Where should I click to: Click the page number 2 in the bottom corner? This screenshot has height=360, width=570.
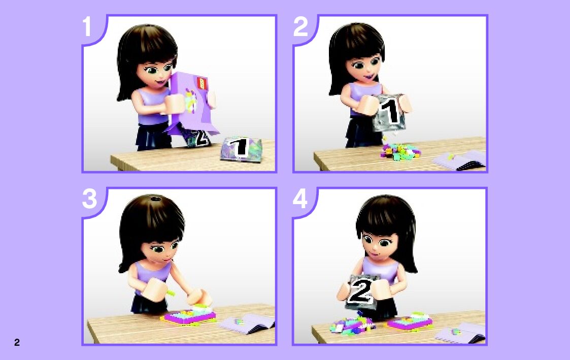[17, 342]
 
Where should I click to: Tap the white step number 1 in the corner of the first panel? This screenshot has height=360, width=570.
[86, 26]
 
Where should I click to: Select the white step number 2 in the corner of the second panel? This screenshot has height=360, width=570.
[300, 26]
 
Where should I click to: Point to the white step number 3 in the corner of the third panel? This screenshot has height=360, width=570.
[90, 199]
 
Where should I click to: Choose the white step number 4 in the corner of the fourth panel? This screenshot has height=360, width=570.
[300, 199]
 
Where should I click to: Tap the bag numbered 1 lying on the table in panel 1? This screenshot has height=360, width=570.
[241, 148]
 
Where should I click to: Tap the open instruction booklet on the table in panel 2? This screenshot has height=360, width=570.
[459, 160]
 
